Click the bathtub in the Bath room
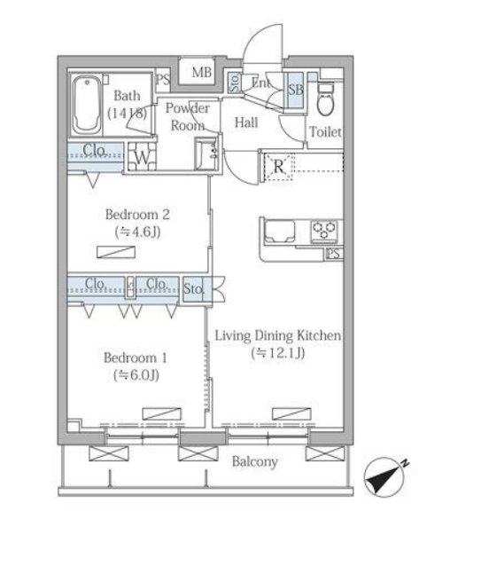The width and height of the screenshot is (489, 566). click(x=87, y=105)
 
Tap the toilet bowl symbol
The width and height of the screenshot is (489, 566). click(x=326, y=99)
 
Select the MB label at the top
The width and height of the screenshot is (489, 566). click(x=201, y=72)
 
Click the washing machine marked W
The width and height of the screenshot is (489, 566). click(x=143, y=157)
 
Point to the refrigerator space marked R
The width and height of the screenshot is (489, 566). click(x=278, y=167)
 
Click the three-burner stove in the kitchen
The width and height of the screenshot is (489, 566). click(x=324, y=231)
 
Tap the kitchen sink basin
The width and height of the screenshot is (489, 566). click(x=280, y=231)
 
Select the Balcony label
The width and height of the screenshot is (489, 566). click(x=255, y=461)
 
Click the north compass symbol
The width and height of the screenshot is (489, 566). click(x=384, y=477)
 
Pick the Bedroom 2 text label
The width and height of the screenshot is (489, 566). click(x=137, y=215)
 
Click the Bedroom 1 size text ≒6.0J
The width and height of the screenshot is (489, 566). click(x=136, y=375)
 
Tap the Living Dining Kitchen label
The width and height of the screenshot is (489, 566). click(x=278, y=335)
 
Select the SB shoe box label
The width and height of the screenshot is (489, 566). click(x=296, y=90)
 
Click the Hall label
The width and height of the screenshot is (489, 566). click(x=246, y=122)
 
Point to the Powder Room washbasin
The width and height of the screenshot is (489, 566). click(x=206, y=153)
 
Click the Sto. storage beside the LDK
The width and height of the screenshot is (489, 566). click(x=193, y=289)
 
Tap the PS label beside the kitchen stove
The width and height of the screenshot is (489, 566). click(x=334, y=254)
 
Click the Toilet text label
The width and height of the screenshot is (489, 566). click(x=325, y=132)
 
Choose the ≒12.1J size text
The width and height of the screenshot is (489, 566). click(x=278, y=353)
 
